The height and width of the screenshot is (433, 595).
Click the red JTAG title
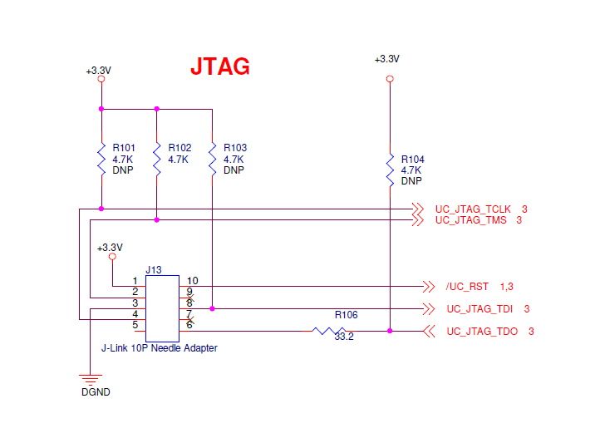(220, 66)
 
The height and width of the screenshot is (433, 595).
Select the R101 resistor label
(124, 148)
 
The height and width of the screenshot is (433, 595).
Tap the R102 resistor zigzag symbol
(157, 160)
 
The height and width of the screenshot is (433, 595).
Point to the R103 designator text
(235, 148)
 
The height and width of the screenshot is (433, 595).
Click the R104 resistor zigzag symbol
(390, 170)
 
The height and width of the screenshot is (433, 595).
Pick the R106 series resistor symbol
(329, 331)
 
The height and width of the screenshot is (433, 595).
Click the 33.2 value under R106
(344, 337)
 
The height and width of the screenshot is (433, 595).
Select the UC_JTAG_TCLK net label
(473, 209)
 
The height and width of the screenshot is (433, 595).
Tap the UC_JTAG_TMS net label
(471, 220)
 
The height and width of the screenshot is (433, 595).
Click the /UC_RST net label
(467, 287)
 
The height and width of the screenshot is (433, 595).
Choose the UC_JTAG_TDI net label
(479, 309)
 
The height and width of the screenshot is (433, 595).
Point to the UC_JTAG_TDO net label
(482, 332)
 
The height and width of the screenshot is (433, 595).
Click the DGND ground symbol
(91, 380)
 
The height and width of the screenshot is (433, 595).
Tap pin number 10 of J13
(193, 281)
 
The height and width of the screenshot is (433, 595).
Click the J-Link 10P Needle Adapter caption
(160, 348)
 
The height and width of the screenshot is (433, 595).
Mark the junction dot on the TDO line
(390, 331)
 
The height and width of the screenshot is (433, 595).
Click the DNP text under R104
(411, 181)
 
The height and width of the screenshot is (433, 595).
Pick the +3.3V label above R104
(387, 59)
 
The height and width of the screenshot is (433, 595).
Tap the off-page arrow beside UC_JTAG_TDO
(429, 332)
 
